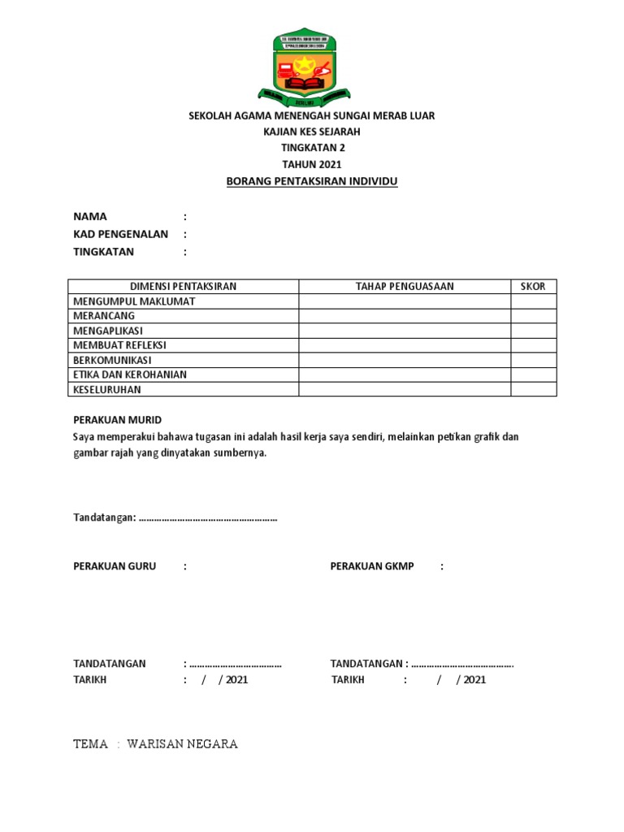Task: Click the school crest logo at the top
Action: click(311, 68)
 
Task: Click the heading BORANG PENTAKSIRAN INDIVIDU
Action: click(312, 181)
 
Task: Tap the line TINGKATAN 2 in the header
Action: click(312, 148)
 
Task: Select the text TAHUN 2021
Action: click(312, 164)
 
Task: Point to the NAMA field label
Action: click(90, 217)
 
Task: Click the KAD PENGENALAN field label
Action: click(121, 234)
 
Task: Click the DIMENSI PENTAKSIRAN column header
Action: click(184, 286)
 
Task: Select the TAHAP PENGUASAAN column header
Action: click(405, 286)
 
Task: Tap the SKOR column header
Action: click(533, 286)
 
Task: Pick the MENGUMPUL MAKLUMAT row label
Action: click(134, 301)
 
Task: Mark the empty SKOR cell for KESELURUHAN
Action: click(533, 389)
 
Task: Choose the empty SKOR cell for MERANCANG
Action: click(533, 316)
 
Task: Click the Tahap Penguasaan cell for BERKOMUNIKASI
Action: click(405, 360)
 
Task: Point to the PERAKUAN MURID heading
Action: click(118, 420)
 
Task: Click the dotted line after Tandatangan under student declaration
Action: click(209, 518)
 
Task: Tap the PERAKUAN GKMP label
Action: click(372, 566)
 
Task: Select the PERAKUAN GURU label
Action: click(115, 566)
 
